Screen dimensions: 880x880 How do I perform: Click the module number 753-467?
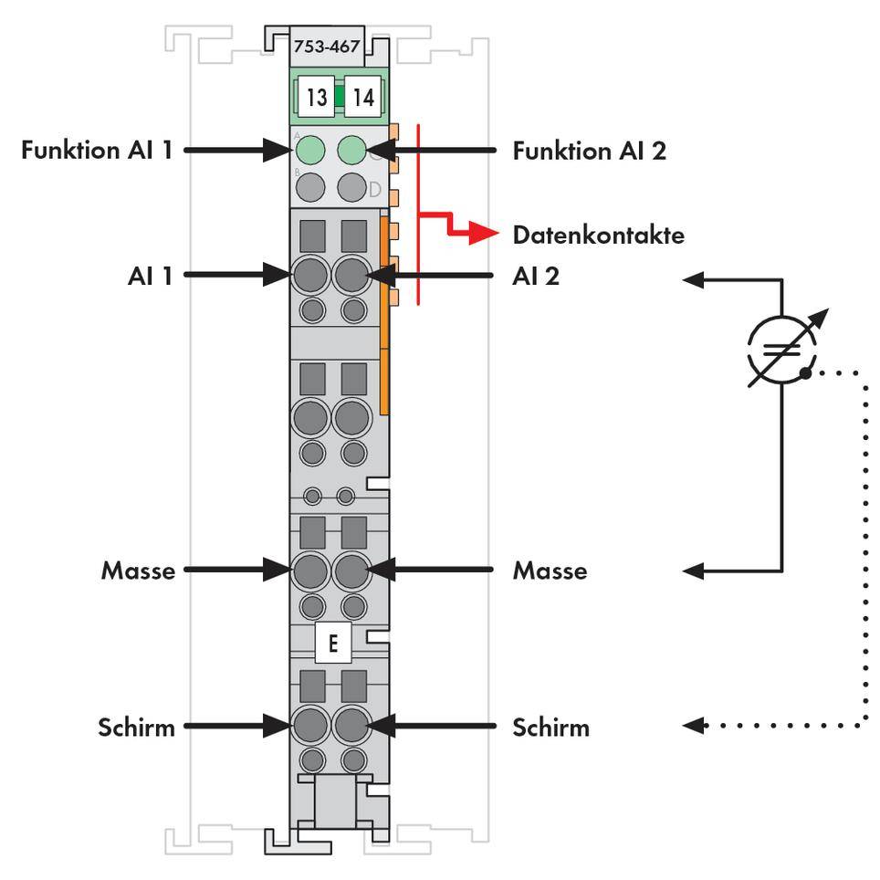click(327, 47)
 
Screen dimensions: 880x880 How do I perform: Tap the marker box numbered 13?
click(316, 98)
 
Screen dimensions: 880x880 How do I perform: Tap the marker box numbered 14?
click(362, 98)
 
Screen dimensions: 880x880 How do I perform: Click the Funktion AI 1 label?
click(97, 150)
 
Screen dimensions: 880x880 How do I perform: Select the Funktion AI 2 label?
click(589, 150)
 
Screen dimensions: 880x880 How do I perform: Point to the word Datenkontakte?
click(598, 236)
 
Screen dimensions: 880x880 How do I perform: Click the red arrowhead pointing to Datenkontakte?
click(489, 236)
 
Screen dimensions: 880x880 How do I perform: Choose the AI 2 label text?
click(536, 275)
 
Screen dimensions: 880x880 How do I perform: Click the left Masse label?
click(138, 571)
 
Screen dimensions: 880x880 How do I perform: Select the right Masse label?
click(550, 571)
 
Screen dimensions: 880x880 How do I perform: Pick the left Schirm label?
click(136, 728)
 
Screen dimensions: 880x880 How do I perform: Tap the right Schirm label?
click(550, 728)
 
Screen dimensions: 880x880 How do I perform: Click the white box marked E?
click(332, 644)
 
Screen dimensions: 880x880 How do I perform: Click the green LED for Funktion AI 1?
click(311, 149)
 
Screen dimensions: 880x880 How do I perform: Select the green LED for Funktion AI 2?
click(351, 149)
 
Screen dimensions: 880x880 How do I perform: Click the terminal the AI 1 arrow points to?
click(310, 274)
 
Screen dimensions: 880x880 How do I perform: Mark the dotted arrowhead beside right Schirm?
click(694, 727)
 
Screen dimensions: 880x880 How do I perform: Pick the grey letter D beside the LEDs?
click(374, 190)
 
